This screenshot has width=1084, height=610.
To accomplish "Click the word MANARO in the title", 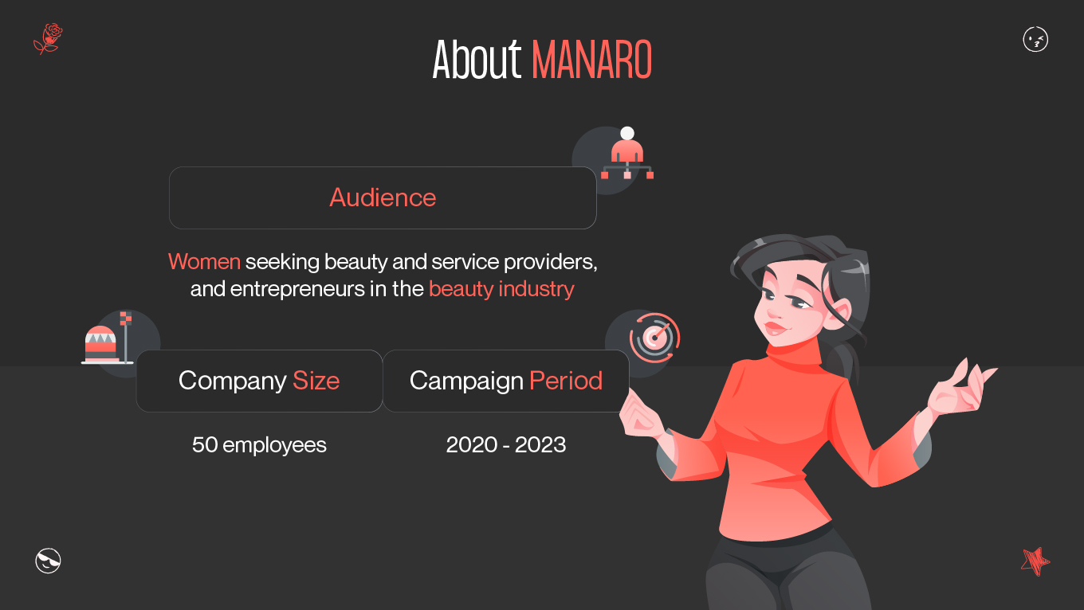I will [x=591, y=60].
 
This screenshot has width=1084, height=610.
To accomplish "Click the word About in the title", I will [x=477, y=60].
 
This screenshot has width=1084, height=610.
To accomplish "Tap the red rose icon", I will [x=49, y=37].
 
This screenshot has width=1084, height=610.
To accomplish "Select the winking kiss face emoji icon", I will [x=1035, y=39].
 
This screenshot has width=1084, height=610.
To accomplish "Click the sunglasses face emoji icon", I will [x=49, y=561].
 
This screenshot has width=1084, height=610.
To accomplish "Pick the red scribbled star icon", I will [x=1035, y=561].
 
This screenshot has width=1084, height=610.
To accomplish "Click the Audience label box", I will [x=383, y=197].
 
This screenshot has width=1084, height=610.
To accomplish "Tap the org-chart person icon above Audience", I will [x=627, y=155].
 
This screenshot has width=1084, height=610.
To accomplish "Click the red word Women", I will [x=204, y=261].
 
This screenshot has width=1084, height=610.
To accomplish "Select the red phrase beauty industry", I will [x=501, y=288].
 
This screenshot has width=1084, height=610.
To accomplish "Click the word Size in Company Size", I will [x=316, y=381].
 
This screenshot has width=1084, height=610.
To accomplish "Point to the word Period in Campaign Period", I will [x=566, y=381].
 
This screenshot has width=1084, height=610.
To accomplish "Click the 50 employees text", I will [x=259, y=444].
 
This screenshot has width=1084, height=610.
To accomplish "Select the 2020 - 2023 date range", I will [x=506, y=444].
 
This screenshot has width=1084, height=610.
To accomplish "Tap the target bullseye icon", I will [x=654, y=337].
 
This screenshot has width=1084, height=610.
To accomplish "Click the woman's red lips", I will [x=774, y=327].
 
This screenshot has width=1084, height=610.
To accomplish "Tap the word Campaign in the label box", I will [x=466, y=381].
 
